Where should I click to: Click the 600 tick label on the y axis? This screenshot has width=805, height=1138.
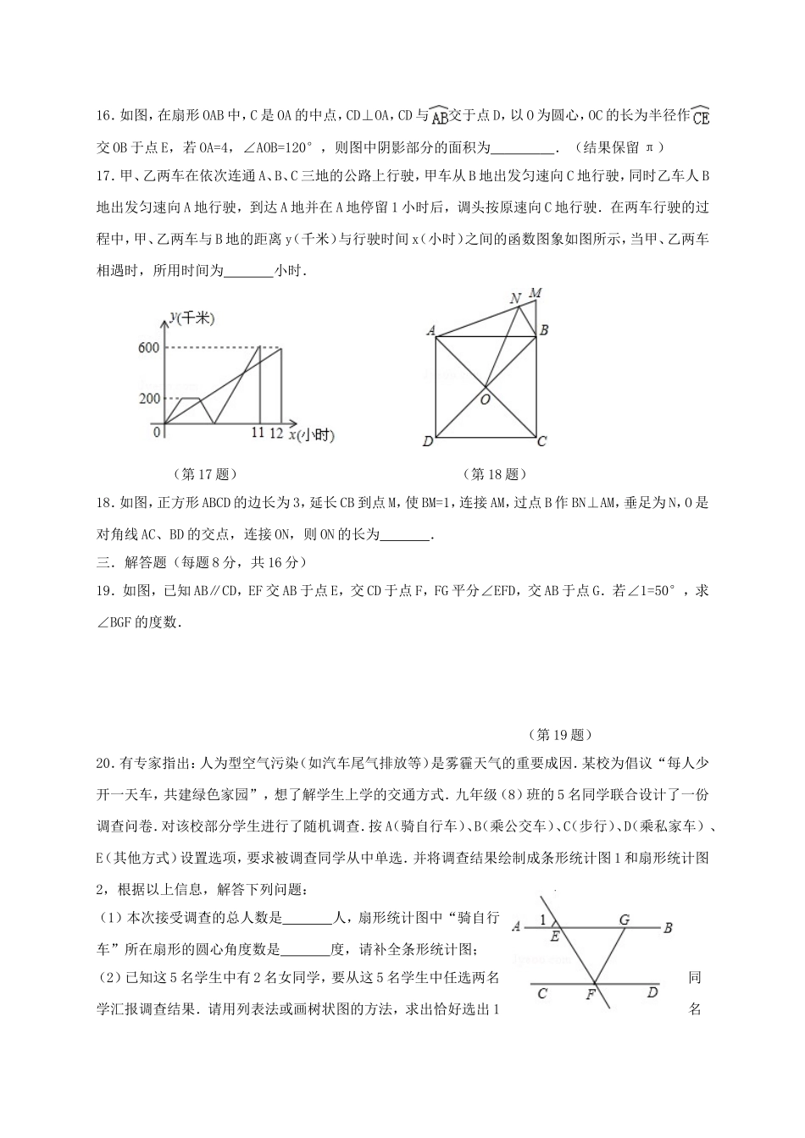[x=148, y=348]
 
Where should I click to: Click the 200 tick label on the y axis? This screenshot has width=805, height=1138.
[x=148, y=399]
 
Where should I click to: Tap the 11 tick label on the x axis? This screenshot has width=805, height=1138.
[x=258, y=433]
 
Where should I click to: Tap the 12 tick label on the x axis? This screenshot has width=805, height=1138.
[x=276, y=433]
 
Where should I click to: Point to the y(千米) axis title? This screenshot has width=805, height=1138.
[x=192, y=318]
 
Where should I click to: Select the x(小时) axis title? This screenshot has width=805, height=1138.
[x=311, y=435]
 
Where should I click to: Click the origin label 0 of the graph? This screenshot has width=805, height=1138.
[x=157, y=432]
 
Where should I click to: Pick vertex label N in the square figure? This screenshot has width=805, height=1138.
[x=515, y=298]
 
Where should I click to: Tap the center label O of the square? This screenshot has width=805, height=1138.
[x=486, y=399]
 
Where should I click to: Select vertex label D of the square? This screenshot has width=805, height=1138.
[x=428, y=441]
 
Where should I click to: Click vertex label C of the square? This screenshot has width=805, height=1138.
[x=541, y=441]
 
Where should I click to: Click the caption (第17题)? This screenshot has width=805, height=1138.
[x=203, y=474]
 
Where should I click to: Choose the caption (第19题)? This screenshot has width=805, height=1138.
[x=558, y=734]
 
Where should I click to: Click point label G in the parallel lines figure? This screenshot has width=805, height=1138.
[x=624, y=920]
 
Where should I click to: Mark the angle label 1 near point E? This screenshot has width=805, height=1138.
[x=543, y=920]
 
